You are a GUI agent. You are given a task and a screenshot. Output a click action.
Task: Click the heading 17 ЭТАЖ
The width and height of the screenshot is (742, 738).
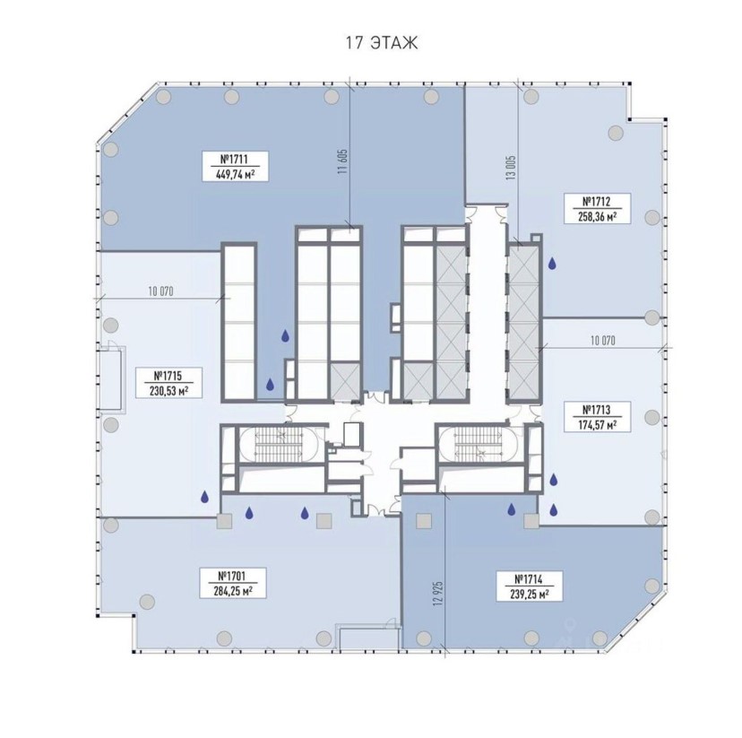point(382,43)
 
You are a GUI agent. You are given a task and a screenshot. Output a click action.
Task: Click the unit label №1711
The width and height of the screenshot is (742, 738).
point(235,159)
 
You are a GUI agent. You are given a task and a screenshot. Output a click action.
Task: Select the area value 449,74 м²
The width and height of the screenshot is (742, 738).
point(235,174)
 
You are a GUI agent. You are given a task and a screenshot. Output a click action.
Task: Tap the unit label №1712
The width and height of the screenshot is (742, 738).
point(596,202)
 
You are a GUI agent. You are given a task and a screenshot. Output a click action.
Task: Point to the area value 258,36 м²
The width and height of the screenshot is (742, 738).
point(597,217)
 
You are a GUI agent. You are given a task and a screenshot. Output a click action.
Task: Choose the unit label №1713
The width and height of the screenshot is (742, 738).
point(596,410)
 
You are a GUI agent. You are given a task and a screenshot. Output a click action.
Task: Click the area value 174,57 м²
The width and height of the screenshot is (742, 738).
point(597,425)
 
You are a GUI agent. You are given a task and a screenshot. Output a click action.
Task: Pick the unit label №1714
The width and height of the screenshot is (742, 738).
point(528,579)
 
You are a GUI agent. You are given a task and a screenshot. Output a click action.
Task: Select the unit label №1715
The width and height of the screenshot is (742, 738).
point(168,376)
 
